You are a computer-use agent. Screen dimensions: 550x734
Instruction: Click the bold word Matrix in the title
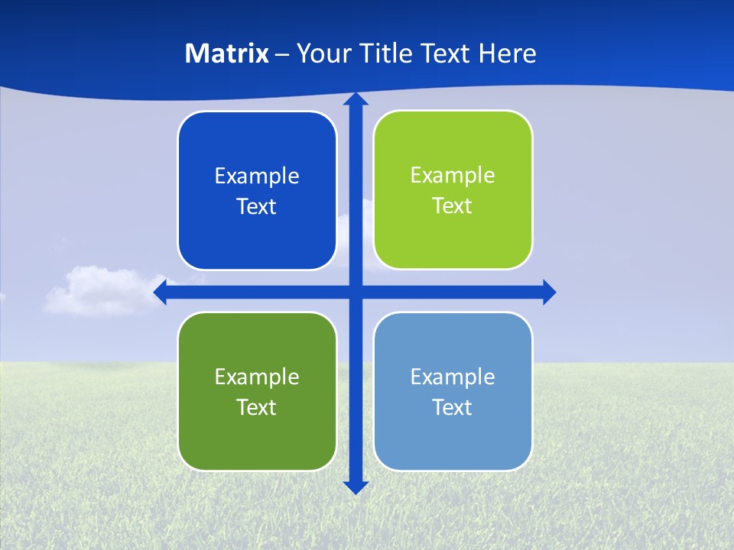pyautogui.click(x=227, y=53)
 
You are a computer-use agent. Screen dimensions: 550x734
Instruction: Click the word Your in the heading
pyautogui.click(x=320, y=53)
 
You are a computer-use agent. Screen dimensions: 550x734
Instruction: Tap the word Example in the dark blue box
pyautogui.click(x=257, y=176)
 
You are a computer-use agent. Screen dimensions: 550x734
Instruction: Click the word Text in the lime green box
pyautogui.click(x=453, y=206)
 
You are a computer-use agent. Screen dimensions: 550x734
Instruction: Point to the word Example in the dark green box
pyautogui.click(x=257, y=377)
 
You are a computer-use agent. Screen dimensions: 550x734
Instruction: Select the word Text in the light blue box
pyautogui.click(x=453, y=407)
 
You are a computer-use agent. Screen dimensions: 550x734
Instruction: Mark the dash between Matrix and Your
pyautogui.click(x=282, y=54)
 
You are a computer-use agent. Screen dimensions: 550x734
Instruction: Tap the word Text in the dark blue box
pyautogui.click(x=257, y=207)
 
